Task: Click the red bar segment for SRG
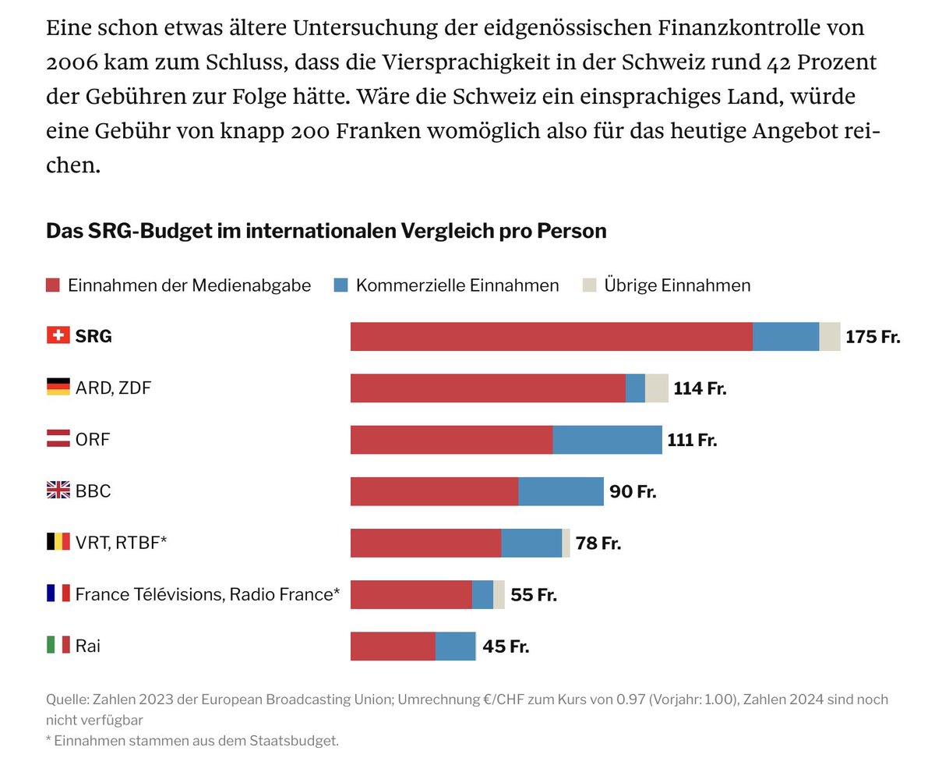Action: point(551,336)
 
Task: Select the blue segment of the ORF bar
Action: point(607,440)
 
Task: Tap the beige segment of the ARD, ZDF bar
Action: point(656,388)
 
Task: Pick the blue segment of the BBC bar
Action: point(560,491)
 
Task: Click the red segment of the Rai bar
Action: point(393,646)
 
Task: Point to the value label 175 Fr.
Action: point(873,337)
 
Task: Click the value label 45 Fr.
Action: point(506,646)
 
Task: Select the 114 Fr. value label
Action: point(700,388)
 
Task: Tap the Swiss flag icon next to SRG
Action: point(58,336)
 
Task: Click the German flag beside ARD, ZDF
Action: point(58,388)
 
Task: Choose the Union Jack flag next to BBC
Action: point(58,491)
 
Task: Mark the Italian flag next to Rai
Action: point(58,646)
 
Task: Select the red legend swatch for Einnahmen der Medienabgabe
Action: point(54,285)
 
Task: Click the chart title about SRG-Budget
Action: point(326,232)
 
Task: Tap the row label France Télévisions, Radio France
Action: point(207,594)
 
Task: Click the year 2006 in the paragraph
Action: point(72,62)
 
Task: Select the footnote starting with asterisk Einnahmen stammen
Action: point(192,740)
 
